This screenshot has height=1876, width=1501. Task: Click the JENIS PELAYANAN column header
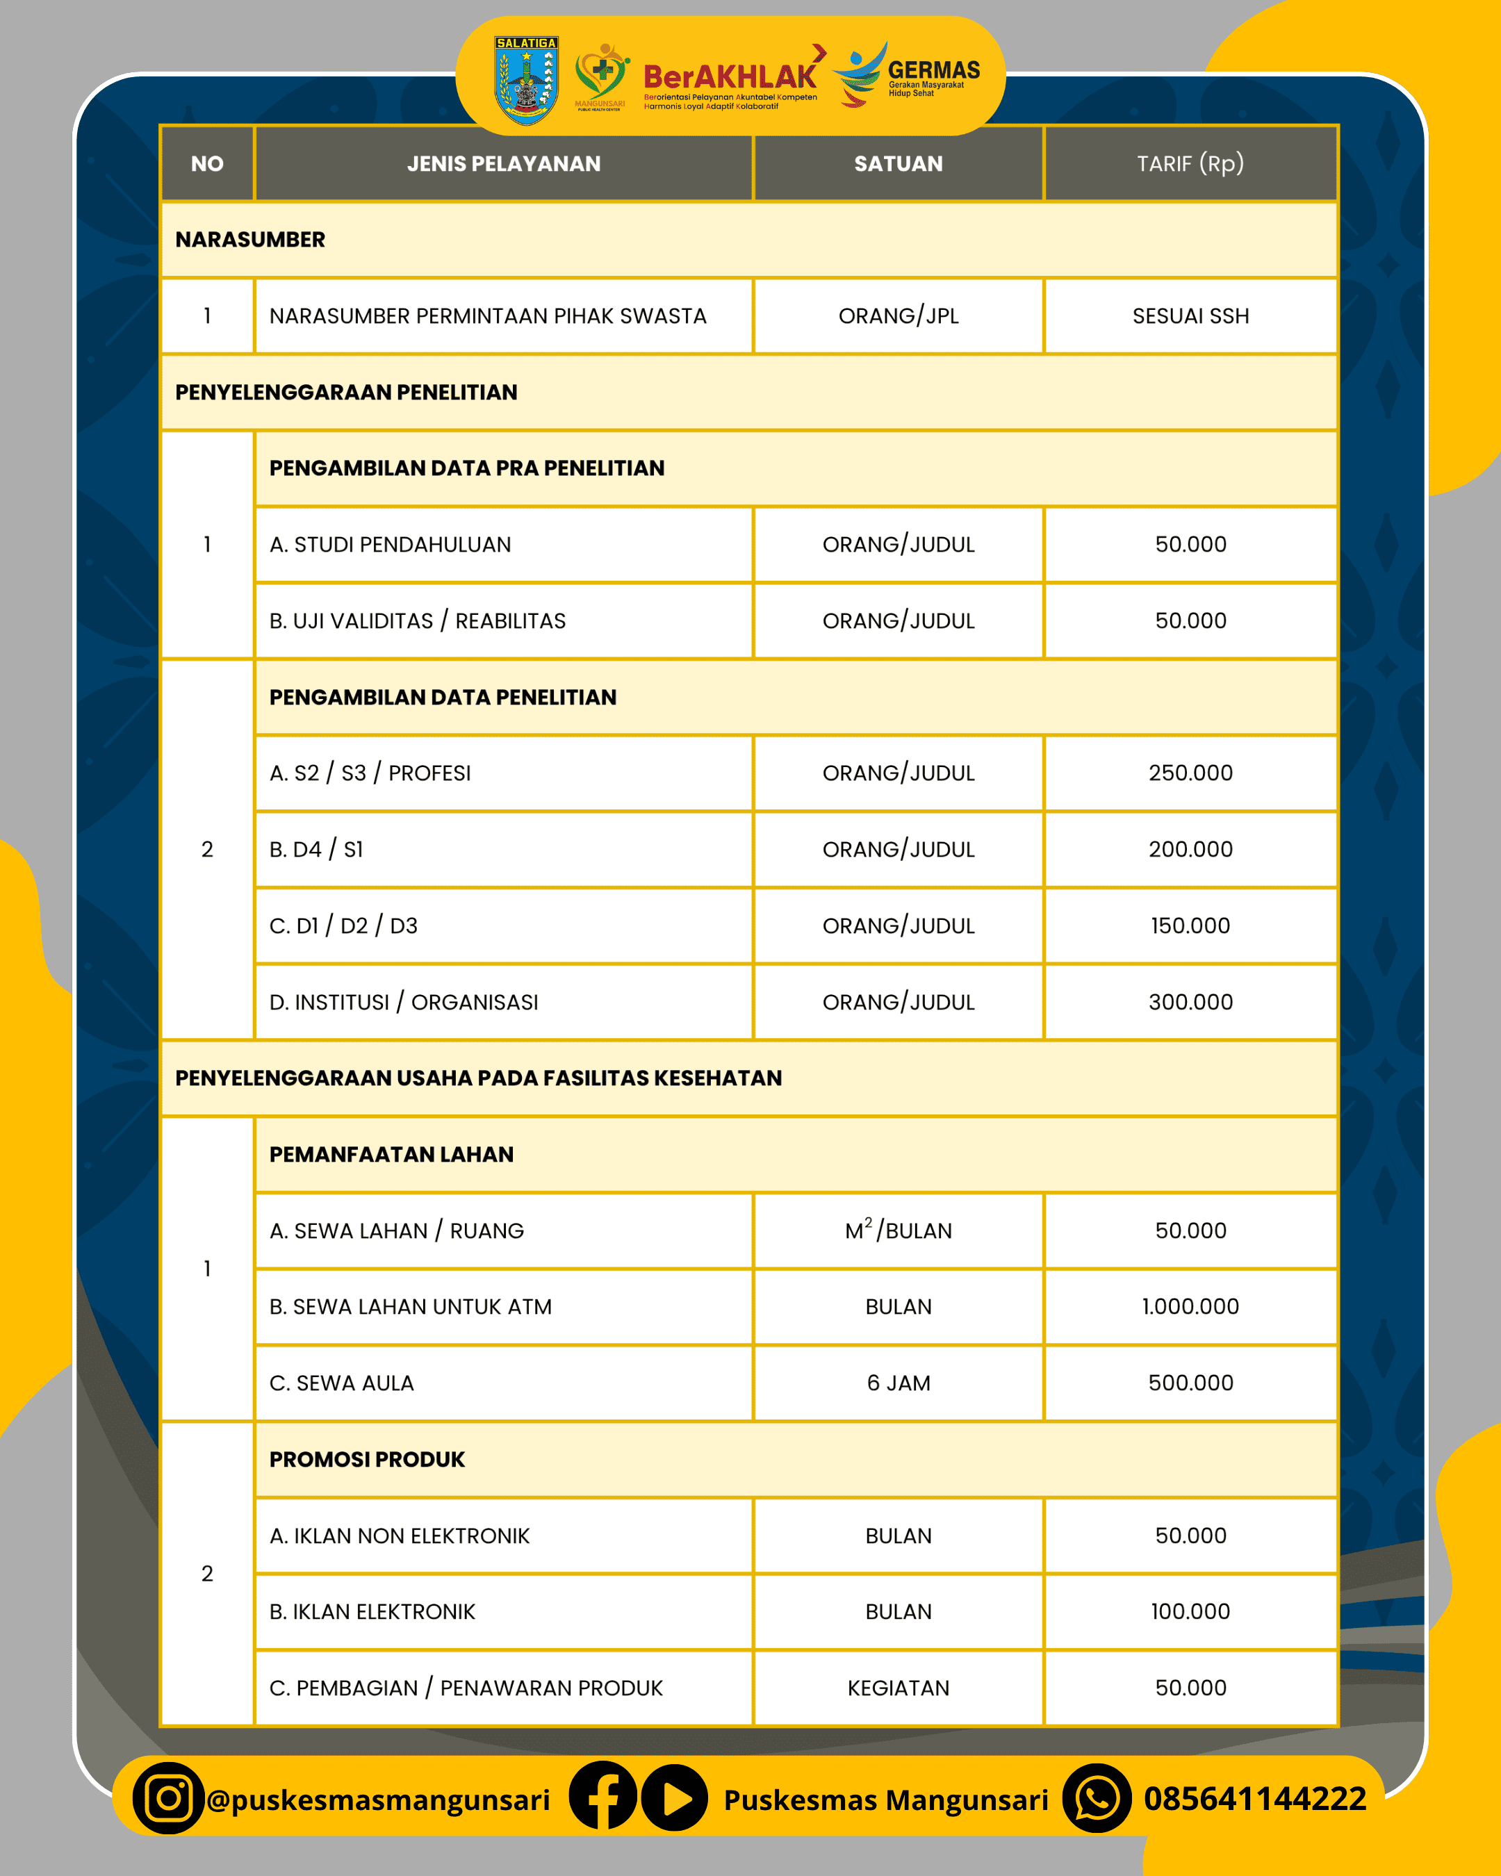(504, 163)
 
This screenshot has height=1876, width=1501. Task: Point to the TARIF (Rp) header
(1190, 163)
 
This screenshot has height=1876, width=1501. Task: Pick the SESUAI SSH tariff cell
(1190, 316)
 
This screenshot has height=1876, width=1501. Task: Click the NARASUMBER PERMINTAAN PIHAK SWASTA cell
(487, 316)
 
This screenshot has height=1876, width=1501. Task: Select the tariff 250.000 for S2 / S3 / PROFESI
(1190, 773)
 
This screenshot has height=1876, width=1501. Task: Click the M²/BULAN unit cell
(898, 1231)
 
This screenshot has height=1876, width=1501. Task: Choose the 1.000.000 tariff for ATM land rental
(1190, 1306)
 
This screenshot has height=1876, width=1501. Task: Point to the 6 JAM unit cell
(898, 1383)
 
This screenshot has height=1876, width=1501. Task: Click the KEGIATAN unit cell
(898, 1688)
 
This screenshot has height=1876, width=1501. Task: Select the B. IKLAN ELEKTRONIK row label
(372, 1611)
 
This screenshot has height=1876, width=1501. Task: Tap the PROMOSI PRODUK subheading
(367, 1459)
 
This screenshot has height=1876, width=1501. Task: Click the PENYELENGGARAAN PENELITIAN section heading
(346, 393)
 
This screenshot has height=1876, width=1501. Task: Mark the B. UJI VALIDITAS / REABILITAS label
(418, 620)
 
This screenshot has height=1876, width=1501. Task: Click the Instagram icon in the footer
(168, 1799)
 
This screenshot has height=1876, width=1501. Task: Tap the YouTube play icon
(674, 1799)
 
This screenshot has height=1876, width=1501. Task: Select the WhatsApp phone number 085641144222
(1255, 1799)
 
